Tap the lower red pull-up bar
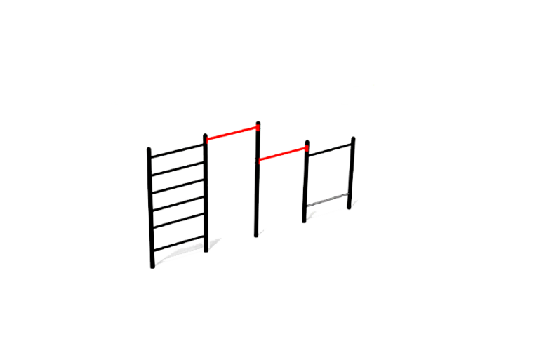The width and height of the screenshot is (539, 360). [282, 154]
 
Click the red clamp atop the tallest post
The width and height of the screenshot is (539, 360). [258, 127]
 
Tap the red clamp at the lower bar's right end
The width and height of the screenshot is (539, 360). [305, 147]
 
